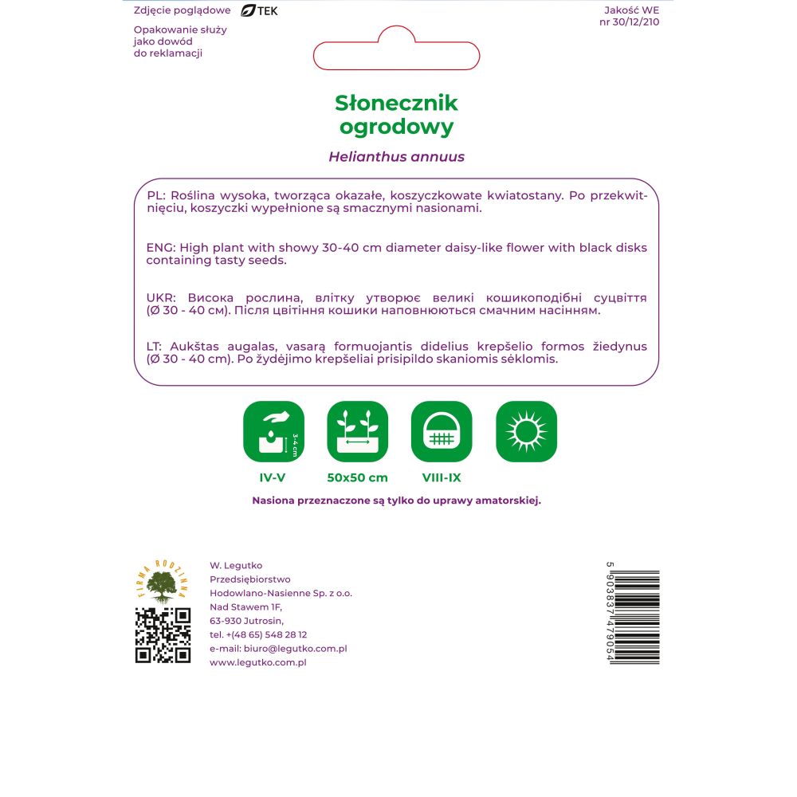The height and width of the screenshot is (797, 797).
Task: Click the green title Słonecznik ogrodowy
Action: click(396, 114)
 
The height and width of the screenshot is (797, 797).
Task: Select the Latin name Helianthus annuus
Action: click(396, 157)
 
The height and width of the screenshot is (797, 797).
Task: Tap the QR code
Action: click(163, 635)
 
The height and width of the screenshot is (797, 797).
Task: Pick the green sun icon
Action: click(526, 431)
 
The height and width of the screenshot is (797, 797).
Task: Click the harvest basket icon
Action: click(442, 431)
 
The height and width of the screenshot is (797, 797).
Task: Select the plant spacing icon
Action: click(357, 431)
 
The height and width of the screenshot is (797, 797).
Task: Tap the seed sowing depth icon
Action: click(273, 431)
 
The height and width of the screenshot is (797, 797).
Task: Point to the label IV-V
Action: click(273, 478)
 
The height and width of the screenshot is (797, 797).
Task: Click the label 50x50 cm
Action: click(357, 478)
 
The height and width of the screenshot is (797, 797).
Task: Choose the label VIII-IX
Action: click(442, 478)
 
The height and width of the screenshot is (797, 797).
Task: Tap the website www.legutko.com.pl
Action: click(258, 662)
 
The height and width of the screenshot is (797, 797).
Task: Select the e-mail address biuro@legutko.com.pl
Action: click(278, 649)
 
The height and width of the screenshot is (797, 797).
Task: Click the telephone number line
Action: click(258, 634)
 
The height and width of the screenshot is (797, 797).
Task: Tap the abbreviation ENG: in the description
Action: click(161, 248)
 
